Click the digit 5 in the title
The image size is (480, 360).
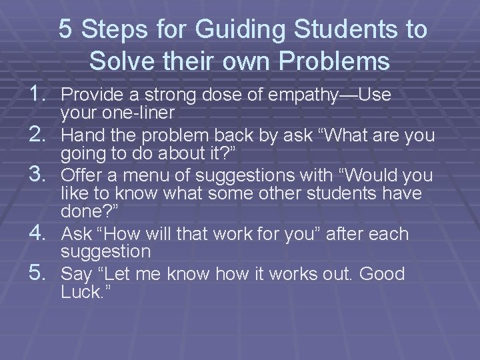65,29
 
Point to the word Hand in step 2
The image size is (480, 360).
80,136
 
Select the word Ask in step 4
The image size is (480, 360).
76,234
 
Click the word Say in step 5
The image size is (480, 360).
76,275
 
